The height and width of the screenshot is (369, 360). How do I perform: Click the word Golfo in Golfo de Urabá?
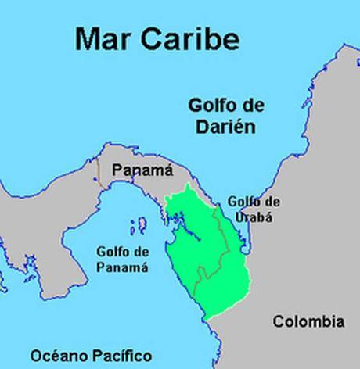(242, 202)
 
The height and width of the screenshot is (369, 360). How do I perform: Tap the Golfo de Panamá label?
(121, 259)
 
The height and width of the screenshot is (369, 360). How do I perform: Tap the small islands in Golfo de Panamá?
(141, 226)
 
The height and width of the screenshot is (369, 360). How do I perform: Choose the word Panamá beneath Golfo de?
(121, 267)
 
